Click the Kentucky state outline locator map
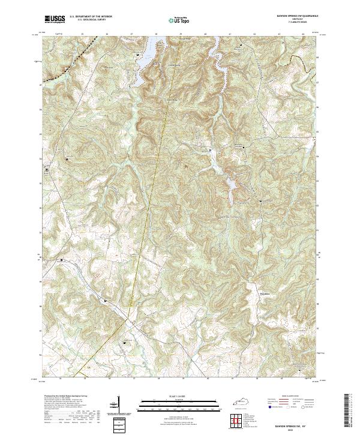coord(242,398)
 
